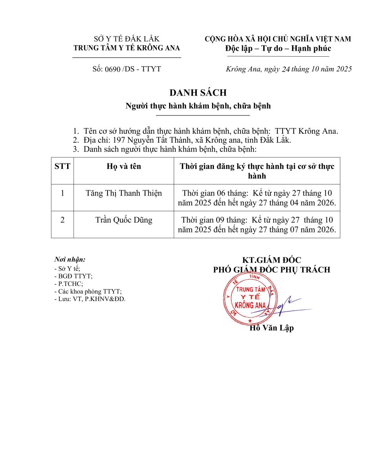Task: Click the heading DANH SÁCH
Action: pyautogui.click(x=198, y=93)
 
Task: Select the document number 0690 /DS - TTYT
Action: pyautogui.click(x=127, y=69)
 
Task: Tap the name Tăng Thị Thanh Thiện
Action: pyautogui.click(x=123, y=194)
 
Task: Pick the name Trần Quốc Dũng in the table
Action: pyautogui.click(x=123, y=220)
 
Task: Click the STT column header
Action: pyautogui.click(x=62, y=167)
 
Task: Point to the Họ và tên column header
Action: pyautogui.click(x=123, y=167)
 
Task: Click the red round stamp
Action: pyautogui.click(x=249, y=301)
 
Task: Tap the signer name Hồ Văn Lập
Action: pyautogui.click(x=272, y=328)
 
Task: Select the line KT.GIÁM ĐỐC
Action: pyautogui.click(x=272, y=260)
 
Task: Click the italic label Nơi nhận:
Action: pyautogui.click(x=70, y=260)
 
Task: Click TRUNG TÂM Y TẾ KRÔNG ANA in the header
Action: pyautogui.click(x=127, y=48)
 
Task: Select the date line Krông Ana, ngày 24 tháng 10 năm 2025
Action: pyautogui.click(x=289, y=69)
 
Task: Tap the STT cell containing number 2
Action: pyautogui.click(x=62, y=220)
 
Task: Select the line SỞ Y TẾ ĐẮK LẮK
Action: pyautogui.click(x=127, y=39)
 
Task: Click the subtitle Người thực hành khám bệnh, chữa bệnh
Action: pyautogui.click(x=198, y=106)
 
